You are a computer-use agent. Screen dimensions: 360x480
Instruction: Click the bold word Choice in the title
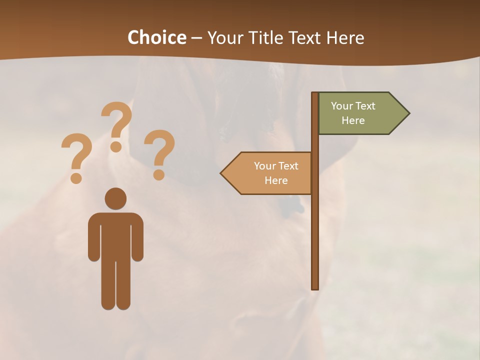coord(156,37)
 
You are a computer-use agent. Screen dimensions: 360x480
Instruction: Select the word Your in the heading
coord(224,37)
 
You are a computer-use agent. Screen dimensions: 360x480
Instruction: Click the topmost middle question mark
coord(116,125)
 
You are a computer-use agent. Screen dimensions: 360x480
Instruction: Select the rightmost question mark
coord(159,152)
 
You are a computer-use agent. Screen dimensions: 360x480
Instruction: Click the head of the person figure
coord(115,198)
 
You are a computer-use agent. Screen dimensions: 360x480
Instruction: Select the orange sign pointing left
coord(270,173)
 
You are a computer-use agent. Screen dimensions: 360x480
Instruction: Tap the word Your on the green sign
coord(342,106)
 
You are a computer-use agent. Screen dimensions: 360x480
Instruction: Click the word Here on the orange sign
coord(276,180)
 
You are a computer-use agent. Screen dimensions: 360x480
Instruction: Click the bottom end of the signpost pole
coord(315,287)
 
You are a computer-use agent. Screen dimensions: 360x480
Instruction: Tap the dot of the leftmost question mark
coord(76,177)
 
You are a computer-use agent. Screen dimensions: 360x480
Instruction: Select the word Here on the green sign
coord(353,120)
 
